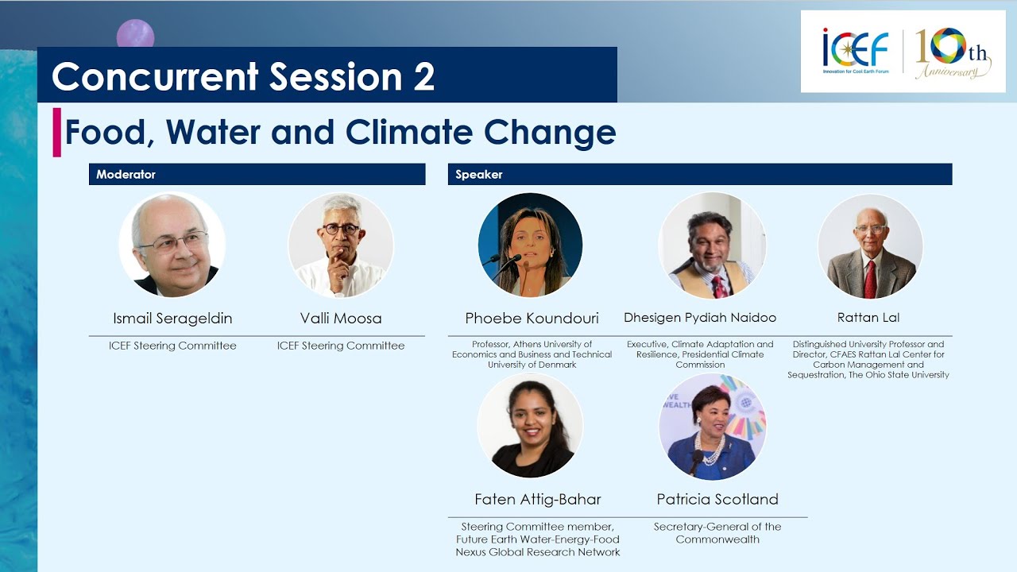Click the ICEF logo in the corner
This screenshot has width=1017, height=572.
(x=856, y=51)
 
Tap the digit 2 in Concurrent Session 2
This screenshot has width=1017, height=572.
(x=423, y=76)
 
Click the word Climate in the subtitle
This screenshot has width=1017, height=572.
(x=409, y=132)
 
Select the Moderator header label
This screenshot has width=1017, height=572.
(x=126, y=174)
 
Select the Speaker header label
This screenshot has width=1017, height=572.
(x=478, y=174)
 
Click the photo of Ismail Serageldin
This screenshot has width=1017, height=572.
(x=172, y=245)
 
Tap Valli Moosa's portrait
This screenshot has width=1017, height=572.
(x=341, y=245)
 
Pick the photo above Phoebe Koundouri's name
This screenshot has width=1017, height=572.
(x=530, y=245)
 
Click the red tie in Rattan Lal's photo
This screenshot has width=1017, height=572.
(x=870, y=279)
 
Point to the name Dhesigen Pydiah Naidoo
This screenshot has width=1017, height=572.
(x=700, y=317)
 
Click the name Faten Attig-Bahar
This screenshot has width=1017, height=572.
(x=538, y=500)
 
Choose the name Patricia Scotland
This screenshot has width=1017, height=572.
(x=717, y=500)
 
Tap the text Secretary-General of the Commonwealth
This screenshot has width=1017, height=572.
(x=717, y=533)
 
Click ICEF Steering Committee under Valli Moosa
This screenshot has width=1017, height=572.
(x=341, y=346)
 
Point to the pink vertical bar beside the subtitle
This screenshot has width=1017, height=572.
(x=56, y=133)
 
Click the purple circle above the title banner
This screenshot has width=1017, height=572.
(x=135, y=34)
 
